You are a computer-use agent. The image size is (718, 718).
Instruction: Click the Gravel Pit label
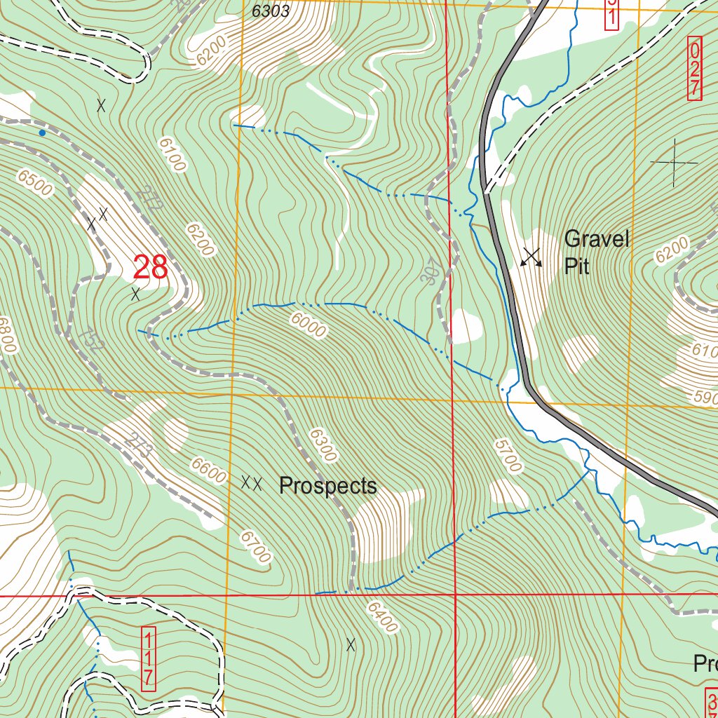click(597, 252)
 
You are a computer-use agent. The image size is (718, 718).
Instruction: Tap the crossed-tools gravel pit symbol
click(531, 257)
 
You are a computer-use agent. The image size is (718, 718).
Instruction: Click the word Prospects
click(327, 485)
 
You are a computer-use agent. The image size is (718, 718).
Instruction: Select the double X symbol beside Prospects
click(252, 482)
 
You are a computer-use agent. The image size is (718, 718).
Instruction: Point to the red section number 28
click(150, 267)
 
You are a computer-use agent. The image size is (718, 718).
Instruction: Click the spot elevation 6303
click(270, 11)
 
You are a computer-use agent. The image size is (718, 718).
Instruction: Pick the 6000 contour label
click(308, 325)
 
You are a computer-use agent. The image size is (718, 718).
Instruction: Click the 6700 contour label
click(255, 547)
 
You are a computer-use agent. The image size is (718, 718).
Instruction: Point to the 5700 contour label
click(508, 456)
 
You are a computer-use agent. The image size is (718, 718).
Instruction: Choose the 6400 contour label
click(381, 617)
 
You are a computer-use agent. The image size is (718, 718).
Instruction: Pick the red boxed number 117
click(148, 658)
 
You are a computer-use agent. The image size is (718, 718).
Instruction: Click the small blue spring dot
click(42, 133)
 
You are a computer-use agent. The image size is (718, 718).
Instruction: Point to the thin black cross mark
click(674, 163)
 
